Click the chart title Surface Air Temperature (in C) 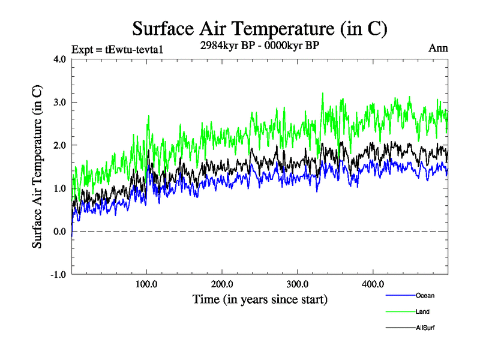coord(260,28)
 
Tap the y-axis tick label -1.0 coord(58,275)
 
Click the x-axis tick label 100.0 coord(147,284)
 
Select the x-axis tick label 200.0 coord(223,284)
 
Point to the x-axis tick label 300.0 coord(298,284)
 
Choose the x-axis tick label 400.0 coord(373,284)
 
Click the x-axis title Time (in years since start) coord(260,299)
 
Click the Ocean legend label coord(425,295)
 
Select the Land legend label coord(422,311)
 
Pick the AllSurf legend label coord(425,328)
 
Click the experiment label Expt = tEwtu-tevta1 coord(117,49)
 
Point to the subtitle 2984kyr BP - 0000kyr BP coord(259,44)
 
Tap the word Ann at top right coord(438,48)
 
